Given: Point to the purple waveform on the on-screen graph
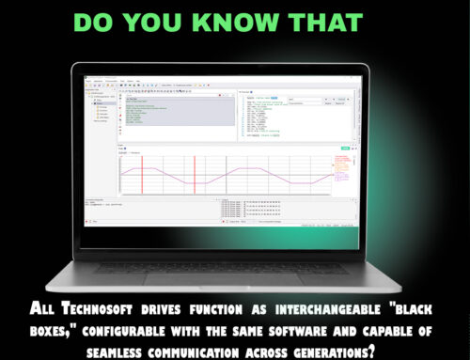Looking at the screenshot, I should pyautogui.click(x=226, y=173).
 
